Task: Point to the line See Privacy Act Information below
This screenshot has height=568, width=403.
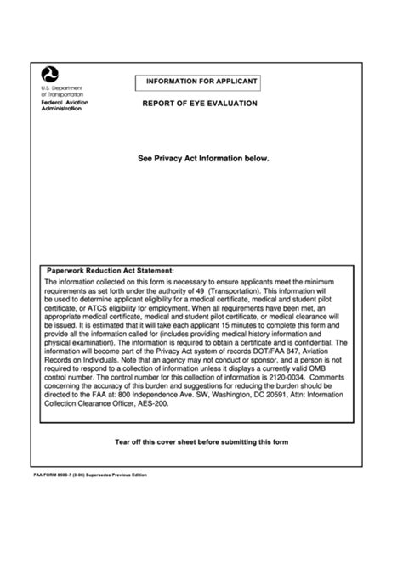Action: point(203,158)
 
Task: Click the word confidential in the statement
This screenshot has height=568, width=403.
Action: point(310,343)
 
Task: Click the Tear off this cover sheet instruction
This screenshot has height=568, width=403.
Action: point(201,442)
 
